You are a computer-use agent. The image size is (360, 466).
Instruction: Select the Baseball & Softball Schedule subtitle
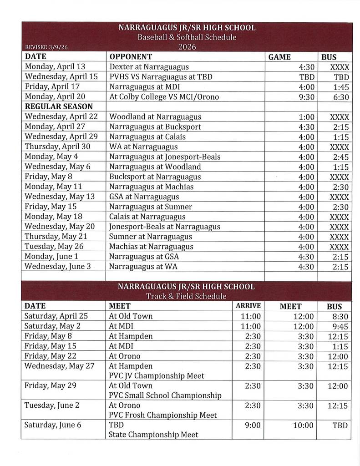[x=187, y=37]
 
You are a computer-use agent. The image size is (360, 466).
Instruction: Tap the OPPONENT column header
[x=131, y=57]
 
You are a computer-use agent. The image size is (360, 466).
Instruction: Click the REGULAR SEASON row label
[x=59, y=106]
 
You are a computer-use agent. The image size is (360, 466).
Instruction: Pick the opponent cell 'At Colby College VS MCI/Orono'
[x=164, y=96]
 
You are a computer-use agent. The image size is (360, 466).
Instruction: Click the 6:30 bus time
[x=340, y=96]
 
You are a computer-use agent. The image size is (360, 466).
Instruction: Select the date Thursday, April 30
[x=57, y=147]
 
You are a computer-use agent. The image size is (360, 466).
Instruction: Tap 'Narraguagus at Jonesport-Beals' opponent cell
[x=165, y=157]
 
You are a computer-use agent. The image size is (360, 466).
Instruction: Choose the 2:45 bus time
[x=340, y=157]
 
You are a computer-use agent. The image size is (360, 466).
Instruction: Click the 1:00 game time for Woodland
[x=306, y=116]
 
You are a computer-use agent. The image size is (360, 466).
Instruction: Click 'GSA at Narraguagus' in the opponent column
[x=144, y=197]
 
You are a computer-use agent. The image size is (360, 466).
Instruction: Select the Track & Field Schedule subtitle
[x=186, y=296]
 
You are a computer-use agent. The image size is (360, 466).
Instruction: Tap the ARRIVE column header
[x=248, y=306]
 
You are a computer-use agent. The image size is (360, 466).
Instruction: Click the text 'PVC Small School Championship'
[x=165, y=395]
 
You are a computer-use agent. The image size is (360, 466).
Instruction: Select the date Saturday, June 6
[x=54, y=425]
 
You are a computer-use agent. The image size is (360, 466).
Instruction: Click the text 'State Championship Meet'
[x=153, y=435]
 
